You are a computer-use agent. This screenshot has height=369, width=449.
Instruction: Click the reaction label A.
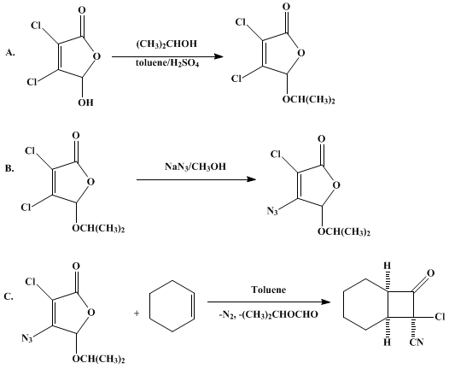click(10, 52)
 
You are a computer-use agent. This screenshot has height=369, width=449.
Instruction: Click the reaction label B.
click(9, 168)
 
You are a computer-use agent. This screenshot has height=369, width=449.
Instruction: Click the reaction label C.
click(9, 296)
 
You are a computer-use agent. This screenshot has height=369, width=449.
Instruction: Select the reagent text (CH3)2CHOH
click(166, 44)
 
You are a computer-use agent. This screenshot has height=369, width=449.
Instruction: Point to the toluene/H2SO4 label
click(167, 63)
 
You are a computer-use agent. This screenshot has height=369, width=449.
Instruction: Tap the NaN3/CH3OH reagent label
click(195, 167)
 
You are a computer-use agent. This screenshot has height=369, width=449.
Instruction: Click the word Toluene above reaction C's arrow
click(269, 290)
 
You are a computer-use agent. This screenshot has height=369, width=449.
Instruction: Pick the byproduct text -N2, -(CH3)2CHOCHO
click(268, 315)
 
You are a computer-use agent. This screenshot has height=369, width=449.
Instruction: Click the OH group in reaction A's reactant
click(86, 102)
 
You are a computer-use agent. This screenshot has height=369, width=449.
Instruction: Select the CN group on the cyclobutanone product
click(417, 342)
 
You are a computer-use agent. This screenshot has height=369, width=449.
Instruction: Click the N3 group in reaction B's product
click(272, 212)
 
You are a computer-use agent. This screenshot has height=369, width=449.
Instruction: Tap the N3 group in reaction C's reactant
click(27, 338)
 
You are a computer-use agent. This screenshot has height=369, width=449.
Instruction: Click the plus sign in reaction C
click(137, 313)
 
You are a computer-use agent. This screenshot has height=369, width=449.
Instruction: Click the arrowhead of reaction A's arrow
click(219, 56)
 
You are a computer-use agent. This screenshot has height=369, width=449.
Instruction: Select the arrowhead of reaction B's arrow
click(251, 179)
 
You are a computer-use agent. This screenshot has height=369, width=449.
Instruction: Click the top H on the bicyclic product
click(387, 266)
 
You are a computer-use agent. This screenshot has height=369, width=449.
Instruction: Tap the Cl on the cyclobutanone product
click(440, 317)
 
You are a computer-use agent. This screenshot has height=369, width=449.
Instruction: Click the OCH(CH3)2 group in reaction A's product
click(309, 100)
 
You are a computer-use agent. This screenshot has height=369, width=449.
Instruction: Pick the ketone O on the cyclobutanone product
click(430, 273)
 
